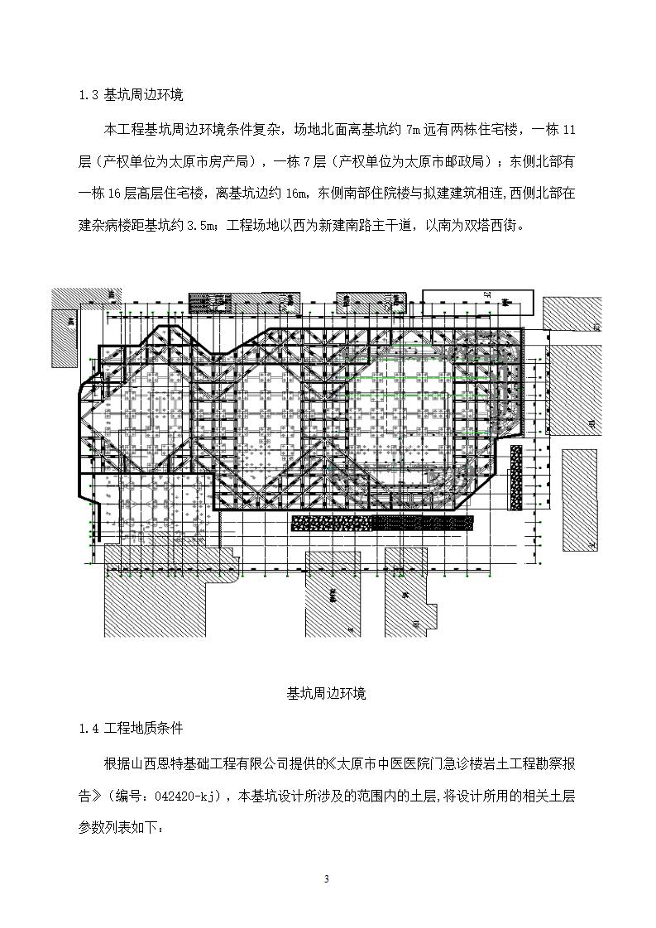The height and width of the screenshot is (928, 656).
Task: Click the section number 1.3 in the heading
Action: click(89, 94)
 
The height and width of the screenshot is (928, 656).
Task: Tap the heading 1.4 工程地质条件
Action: click(131, 729)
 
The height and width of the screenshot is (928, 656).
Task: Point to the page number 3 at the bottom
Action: click(327, 879)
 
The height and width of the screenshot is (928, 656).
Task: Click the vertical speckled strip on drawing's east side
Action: click(516, 476)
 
